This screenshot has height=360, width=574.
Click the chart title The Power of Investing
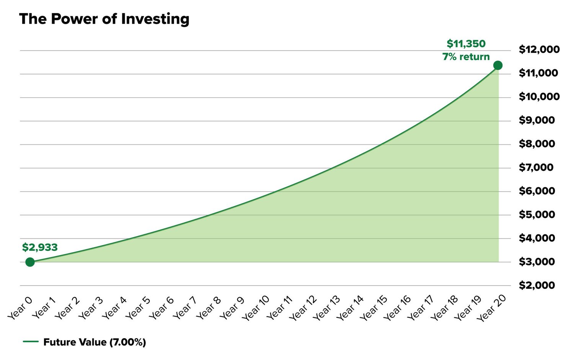[104, 19]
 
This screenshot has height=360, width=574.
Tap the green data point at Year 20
[498, 65]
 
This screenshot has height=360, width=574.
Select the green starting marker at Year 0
[30, 262]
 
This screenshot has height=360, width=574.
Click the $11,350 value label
[466, 44]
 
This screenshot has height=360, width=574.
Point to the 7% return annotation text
[466, 57]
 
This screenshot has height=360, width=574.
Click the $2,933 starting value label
[40, 247]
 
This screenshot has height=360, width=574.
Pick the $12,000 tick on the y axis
[539, 49]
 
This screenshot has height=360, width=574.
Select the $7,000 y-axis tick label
[536, 167]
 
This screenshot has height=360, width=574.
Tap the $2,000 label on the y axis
[536, 285]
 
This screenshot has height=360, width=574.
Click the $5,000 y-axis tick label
[536, 214]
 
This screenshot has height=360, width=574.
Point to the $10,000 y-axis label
[539, 97]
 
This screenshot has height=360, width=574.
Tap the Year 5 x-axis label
[138, 308]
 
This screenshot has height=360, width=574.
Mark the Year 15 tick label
[374, 308]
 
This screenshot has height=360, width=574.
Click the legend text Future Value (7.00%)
[95, 342]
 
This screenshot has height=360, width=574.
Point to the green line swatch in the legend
[31, 342]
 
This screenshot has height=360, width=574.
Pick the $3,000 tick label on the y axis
[536, 262]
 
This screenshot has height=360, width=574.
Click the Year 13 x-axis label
[326, 308]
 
